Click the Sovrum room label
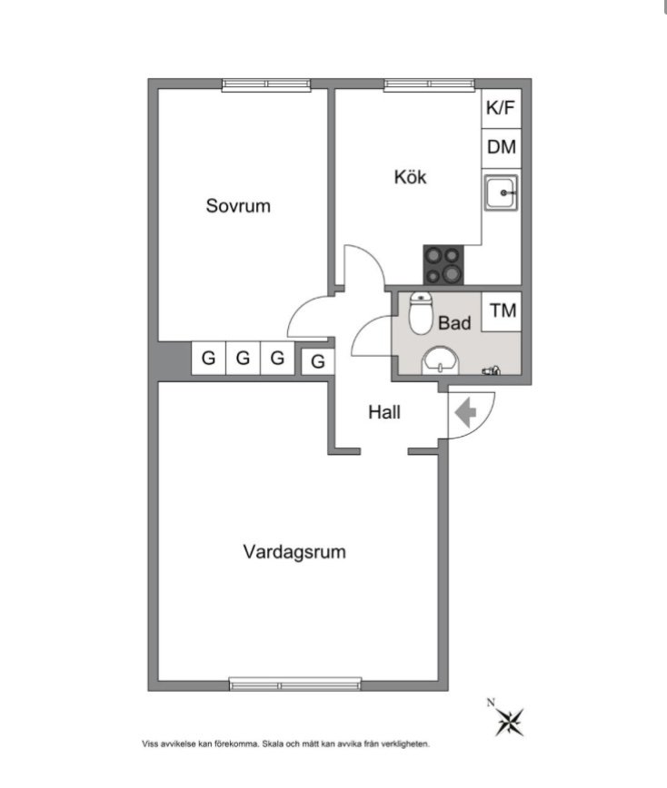(238, 205)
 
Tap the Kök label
(410, 177)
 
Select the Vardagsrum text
(294, 552)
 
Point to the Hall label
(384, 412)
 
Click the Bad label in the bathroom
(454, 322)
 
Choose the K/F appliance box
(501, 109)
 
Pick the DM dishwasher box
(502, 148)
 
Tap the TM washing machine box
(502, 311)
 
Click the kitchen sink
(501, 192)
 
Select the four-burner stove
(443, 265)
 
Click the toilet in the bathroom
(421, 313)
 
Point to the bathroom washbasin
(441, 360)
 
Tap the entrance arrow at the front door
(465, 412)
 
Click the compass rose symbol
(510, 722)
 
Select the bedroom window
(266, 85)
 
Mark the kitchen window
(429, 85)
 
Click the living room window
(295, 684)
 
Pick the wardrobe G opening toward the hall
(318, 362)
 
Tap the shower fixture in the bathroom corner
(492, 371)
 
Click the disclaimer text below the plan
(285, 744)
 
